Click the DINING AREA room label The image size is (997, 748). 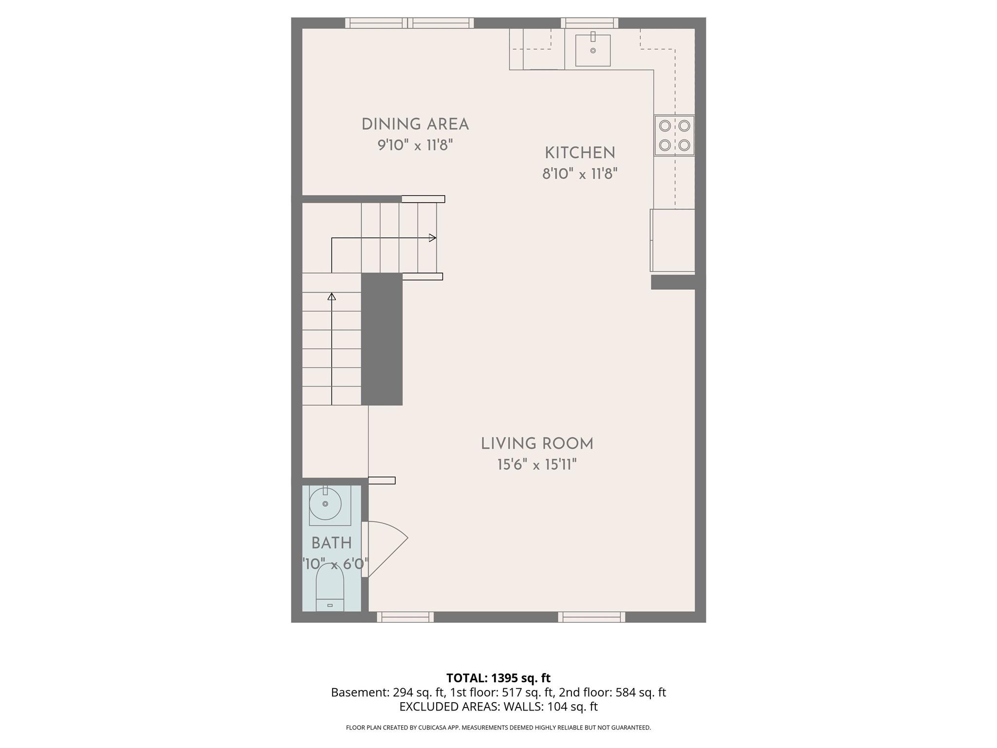415,125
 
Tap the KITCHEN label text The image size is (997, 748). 580,153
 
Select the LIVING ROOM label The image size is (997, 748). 537,444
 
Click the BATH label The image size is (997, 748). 332,543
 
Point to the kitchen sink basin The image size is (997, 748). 592,50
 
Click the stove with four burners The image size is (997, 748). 674,135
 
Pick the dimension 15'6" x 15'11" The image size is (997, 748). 537,465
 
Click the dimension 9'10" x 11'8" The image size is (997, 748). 415,145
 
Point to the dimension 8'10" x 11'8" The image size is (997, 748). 580,174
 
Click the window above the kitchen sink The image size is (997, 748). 590,23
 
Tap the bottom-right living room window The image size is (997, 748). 591,617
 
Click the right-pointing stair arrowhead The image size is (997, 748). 432,238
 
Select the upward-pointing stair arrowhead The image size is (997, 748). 332,296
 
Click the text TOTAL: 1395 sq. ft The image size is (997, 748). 498,678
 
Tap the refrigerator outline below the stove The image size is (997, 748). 673,240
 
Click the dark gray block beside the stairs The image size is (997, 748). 382,339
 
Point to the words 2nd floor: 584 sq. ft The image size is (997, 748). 612,692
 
